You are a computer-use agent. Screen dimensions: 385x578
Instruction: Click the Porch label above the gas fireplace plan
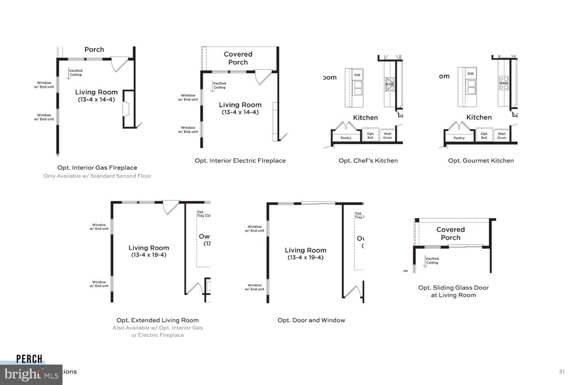coord(94,49)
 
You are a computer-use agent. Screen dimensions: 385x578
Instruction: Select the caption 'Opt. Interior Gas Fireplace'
coord(97,168)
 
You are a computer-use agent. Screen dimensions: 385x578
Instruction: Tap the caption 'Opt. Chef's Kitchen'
coord(368,160)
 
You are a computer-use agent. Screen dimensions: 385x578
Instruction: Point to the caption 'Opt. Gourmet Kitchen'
coord(481,160)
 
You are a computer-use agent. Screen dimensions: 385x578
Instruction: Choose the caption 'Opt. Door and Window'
coord(311,320)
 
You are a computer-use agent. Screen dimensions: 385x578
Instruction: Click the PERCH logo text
coord(29,359)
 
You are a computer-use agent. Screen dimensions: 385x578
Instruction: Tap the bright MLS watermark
coord(31,375)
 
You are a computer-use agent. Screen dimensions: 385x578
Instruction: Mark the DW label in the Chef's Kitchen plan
coord(357,75)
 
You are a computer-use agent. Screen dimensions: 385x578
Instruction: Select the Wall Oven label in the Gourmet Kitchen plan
coord(501,136)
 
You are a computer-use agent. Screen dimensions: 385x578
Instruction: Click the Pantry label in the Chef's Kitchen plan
coord(346,138)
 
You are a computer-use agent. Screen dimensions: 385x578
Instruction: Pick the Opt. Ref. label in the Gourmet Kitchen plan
coord(484,136)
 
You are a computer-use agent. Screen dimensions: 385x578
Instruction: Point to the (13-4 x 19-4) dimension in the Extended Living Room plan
coord(149,255)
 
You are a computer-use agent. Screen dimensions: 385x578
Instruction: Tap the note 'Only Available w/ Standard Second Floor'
coord(97,176)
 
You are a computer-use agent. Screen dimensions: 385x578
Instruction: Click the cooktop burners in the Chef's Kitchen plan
coord(390,84)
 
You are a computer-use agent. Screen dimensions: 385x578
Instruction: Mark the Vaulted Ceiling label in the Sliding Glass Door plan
coord(432,261)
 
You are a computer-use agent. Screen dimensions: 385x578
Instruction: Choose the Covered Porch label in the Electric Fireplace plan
coord(238,58)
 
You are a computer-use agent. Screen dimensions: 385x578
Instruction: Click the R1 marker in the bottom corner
coord(562,372)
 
